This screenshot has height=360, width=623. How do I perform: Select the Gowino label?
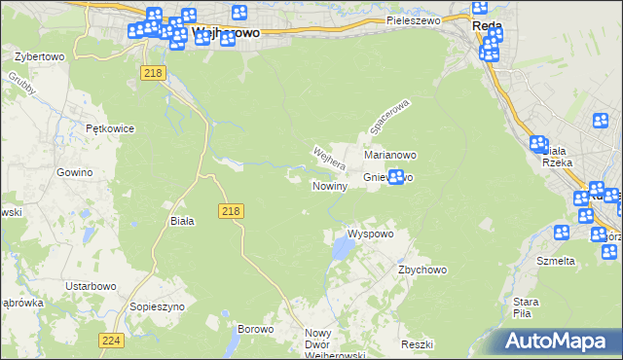(74, 171)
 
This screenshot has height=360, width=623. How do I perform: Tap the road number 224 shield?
(110, 340)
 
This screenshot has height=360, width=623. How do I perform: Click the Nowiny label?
(329, 186)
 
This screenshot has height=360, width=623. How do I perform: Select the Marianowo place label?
(390, 155)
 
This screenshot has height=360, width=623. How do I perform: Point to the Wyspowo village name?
(370, 234)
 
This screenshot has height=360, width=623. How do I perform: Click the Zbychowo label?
(421, 270)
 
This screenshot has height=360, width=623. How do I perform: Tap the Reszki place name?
(416, 345)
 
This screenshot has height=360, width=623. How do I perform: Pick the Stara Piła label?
(527, 307)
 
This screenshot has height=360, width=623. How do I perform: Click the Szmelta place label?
(556, 261)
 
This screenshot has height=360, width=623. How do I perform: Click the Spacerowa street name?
(390, 116)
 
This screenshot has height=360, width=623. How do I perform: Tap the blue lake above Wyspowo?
(342, 250)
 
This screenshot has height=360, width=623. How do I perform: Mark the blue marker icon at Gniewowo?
(396, 176)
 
